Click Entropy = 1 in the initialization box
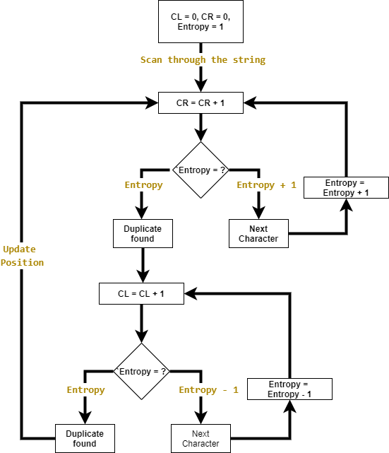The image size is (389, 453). point(201,27)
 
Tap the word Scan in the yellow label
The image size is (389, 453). point(152,60)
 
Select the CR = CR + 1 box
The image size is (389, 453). point(201,103)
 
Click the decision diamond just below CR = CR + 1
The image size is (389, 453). point(201,170)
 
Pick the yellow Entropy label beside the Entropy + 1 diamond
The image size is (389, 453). point(143,185)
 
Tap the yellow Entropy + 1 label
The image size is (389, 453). point(266,185)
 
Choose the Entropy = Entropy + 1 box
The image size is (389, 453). point(346,187)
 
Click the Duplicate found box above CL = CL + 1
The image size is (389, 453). point(143,234)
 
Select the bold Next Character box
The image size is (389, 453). point(258,234)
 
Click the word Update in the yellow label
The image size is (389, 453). point(19,249)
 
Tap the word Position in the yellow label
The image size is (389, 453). point(22,263)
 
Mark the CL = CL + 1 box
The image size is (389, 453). point(141,294)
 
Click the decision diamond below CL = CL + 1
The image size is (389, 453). point(142,372)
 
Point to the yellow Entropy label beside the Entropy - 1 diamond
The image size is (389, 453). point(85,390)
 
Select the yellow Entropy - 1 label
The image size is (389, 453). point(208,390)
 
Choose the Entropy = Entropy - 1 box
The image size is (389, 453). point(289,389)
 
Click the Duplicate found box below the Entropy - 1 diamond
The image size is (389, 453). point(85,439)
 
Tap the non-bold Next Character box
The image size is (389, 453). point(201,439)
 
